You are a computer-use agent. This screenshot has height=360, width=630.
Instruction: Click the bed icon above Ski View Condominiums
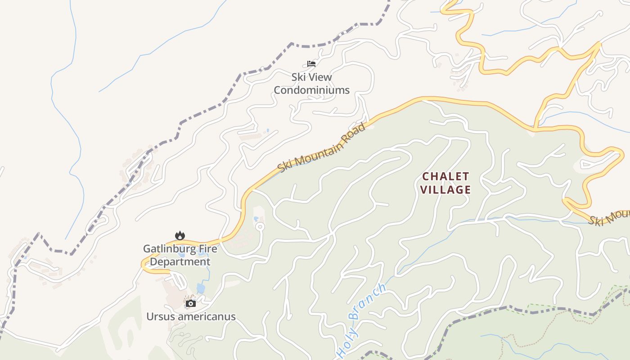pyautogui.click(x=311, y=63)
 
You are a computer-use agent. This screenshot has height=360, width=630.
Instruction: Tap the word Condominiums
pyautogui.click(x=311, y=90)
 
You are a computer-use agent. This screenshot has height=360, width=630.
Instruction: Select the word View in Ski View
pyautogui.click(x=321, y=77)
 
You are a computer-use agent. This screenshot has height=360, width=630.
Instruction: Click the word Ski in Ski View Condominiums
pyautogui.click(x=298, y=77)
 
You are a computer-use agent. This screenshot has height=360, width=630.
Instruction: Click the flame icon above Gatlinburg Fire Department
pyautogui.click(x=180, y=235)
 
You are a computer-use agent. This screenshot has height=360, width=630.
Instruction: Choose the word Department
pyautogui.click(x=180, y=262)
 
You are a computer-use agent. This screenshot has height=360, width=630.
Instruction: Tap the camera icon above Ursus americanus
pyautogui.click(x=191, y=304)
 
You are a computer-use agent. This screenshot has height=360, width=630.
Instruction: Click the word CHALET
pyautogui.click(x=445, y=176)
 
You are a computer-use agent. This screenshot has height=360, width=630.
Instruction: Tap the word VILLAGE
pyautogui.click(x=445, y=189)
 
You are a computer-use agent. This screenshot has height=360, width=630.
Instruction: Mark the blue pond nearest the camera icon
pyautogui.click(x=201, y=288)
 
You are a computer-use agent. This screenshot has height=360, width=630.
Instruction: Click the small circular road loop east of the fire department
pyautogui.click(x=259, y=226)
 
